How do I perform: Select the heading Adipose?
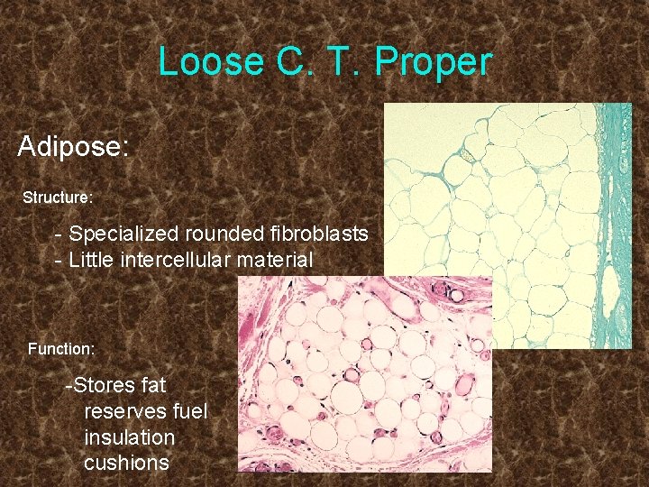(x=73, y=146)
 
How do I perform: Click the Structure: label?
(x=58, y=197)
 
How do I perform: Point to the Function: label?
(x=61, y=347)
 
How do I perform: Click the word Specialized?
(x=124, y=234)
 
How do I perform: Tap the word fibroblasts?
(x=319, y=234)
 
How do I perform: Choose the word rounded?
(x=225, y=234)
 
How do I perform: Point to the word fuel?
(x=189, y=411)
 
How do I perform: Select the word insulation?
(x=129, y=437)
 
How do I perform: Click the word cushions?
(x=126, y=463)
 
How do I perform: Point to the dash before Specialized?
(x=59, y=234)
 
